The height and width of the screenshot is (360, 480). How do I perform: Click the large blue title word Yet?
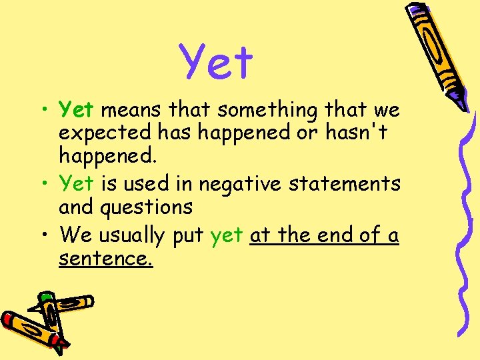(x=217, y=62)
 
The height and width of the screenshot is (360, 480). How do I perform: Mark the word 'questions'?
(x=147, y=207)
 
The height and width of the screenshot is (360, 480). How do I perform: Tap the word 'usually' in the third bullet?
(x=131, y=235)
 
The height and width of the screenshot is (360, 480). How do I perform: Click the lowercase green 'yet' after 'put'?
(x=227, y=235)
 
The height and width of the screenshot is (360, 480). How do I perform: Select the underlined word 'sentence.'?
(x=105, y=259)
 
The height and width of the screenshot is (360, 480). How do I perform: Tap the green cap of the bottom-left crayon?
(x=47, y=298)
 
